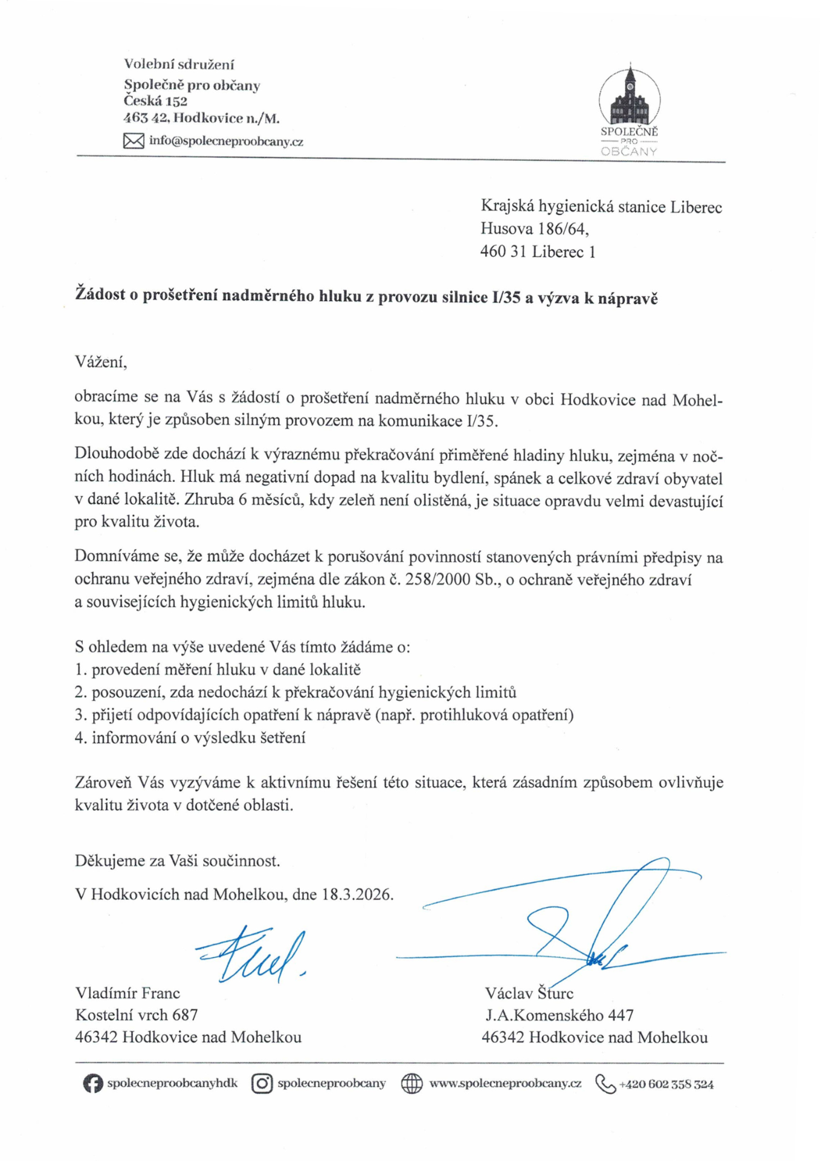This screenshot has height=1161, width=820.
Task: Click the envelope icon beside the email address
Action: tap(134, 141)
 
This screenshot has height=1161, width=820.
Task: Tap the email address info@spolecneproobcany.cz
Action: tap(226, 141)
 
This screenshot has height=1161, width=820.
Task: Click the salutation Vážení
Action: tap(101, 362)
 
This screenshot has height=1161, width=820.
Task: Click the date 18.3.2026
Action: tap(357, 894)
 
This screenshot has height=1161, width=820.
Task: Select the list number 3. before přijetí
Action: tap(82, 715)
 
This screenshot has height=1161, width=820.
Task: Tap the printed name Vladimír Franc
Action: tap(128, 993)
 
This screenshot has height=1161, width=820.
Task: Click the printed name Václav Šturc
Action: tap(529, 993)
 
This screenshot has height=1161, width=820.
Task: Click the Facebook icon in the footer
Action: tap(92, 1084)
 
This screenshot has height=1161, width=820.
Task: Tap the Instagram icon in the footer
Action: tap(262, 1084)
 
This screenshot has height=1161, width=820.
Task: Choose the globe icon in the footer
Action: tap(412, 1084)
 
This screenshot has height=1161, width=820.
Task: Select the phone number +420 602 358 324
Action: tap(666, 1085)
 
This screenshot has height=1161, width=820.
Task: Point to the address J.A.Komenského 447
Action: tap(560, 1015)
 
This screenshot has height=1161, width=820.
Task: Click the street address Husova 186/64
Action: tap(534, 229)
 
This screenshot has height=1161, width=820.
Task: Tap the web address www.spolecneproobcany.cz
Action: tap(505, 1084)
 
